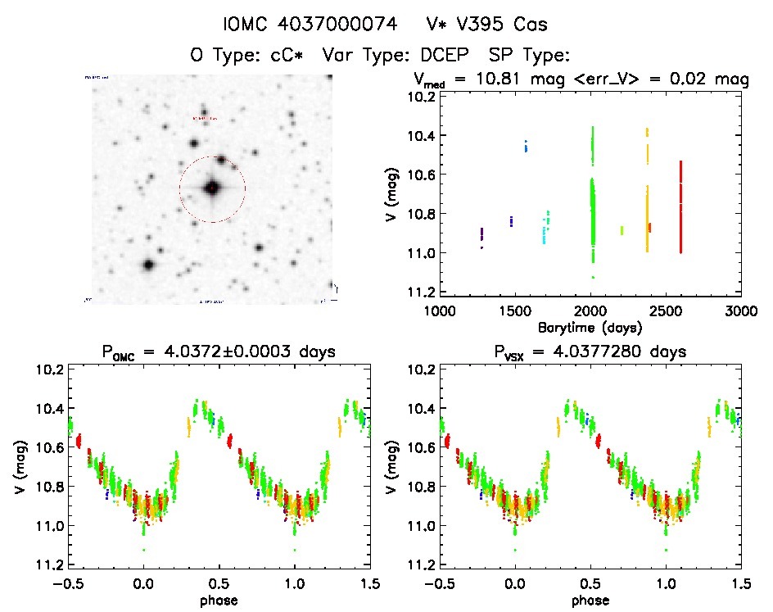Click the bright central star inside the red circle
pyautogui.click(x=212, y=188)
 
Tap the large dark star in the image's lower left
pyautogui.click(x=148, y=265)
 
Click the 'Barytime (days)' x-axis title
pyautogui.click(x=589, y=326)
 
